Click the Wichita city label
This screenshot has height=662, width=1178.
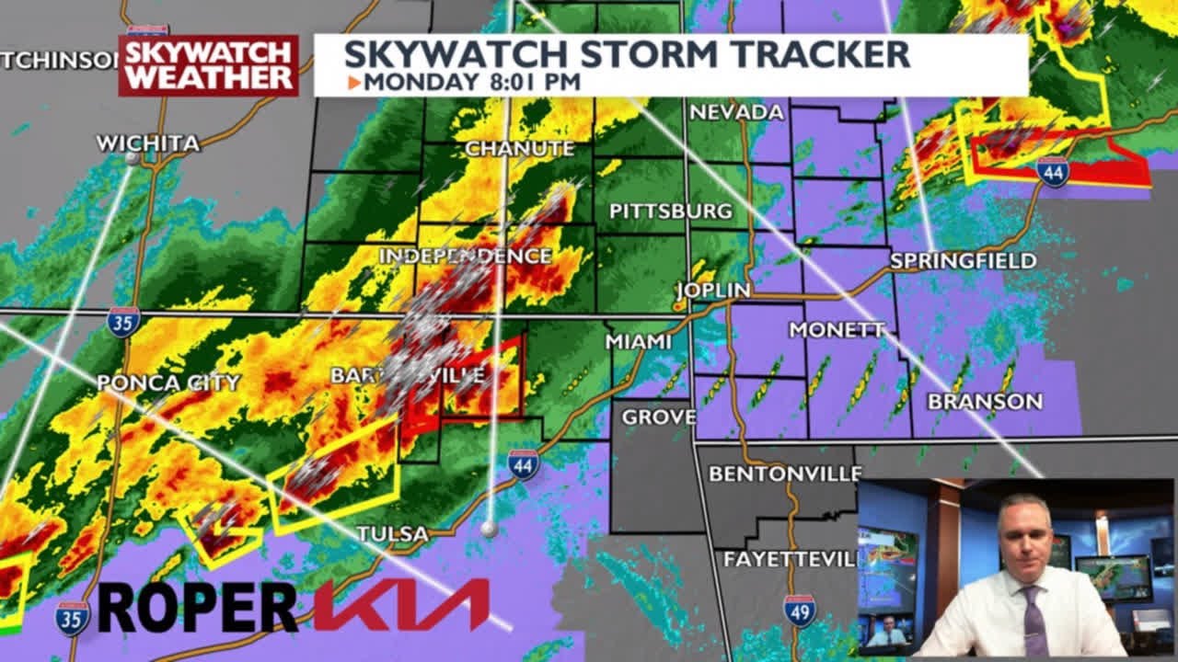pyautogui.click(x=147, y=143)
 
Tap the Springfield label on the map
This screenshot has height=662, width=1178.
pyautogui.click(x=963, y=261)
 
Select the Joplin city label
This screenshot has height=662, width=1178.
pyautogui.click(x=712, y=291)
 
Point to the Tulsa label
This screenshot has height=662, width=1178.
pyautogui.click(x=392, y=533)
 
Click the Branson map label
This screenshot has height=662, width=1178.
pyautogui.click(x=985, y=402)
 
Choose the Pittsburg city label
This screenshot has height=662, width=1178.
pyautogui.click(x=671, y=211)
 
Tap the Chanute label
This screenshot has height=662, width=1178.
pyautogui.click(x=519, y=148)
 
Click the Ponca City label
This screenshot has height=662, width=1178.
pyautogui.click(x=168, y=382)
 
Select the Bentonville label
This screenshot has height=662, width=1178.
pyautogui.click(x=784, y=474)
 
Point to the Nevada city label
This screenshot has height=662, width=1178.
pyautogui.click(x=736, y=112)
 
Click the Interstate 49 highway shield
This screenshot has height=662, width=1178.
pyautogui.click(x=799, y=611)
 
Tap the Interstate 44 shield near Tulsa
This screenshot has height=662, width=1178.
pyautogui.click(x=523, y=464)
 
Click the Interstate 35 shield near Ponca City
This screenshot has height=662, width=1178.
pyautogui.click(x=123, y=322)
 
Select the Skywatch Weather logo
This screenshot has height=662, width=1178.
pyautogui.click(x=208, y=64)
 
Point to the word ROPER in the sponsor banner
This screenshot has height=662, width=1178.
pyautogui.click(x=197, y=607)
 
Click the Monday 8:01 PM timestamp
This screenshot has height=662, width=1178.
pyautogui.click(x=471, y=82)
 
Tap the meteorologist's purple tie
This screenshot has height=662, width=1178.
pyautogui.click(x=1034, y=621)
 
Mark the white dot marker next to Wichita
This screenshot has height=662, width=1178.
pyautogui.click(x=132, y=158)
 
